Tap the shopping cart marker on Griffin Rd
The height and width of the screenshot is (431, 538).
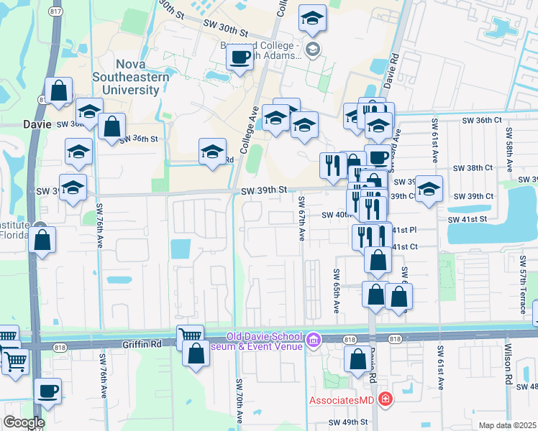190,335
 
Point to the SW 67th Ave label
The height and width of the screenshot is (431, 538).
302,218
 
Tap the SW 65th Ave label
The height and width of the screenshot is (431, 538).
336,291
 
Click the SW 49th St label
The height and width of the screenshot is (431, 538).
348,422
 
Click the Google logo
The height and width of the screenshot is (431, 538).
24,422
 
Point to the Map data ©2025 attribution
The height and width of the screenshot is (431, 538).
507,425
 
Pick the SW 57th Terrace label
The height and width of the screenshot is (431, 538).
523,287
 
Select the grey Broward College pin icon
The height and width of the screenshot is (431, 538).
312,49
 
